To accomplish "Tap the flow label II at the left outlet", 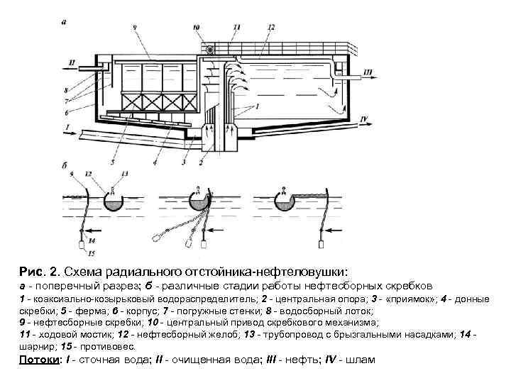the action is [x=71, y=63].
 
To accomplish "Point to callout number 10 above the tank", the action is [x=197, y=28].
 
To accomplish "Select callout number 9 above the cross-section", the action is [x=134, y=28].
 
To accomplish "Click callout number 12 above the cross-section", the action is [x=271, y=28].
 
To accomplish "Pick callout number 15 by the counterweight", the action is [x=91, y=253].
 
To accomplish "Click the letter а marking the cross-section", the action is [x=65, y=21].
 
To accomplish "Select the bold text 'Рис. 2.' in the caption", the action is [x=40, y=272].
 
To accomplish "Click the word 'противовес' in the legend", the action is [x=106, y=347].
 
